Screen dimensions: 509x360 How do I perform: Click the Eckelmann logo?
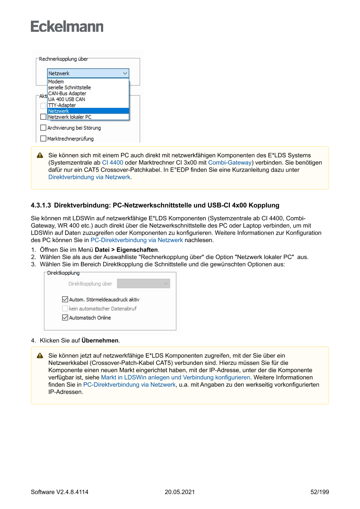(67, 27)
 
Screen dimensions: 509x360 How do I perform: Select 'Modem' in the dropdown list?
(56, 81)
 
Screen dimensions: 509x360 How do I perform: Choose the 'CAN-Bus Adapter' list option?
(67, 93)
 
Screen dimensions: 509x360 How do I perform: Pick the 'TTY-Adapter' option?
(62, 105)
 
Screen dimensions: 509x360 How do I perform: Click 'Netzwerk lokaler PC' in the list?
(70, 117)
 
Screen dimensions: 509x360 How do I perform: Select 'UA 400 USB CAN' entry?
(67, 99)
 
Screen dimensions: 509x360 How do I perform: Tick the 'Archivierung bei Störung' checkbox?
(43, 128)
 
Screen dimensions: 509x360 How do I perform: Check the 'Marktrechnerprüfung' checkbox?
(43, 139)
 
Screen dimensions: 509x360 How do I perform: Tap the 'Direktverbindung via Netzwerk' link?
(89, 177)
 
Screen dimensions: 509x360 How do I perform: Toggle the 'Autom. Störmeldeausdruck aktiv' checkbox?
(65, 300)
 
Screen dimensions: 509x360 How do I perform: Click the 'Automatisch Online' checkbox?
(65, 318)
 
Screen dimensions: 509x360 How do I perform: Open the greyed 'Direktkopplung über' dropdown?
(143, 284)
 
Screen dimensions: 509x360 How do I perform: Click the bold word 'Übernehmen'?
(101, 340)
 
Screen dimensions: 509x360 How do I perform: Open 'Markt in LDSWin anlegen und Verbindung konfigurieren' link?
(175, 378)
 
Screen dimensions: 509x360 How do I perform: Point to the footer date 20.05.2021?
(180, 492)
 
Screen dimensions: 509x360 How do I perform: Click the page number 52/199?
(320, 492)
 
